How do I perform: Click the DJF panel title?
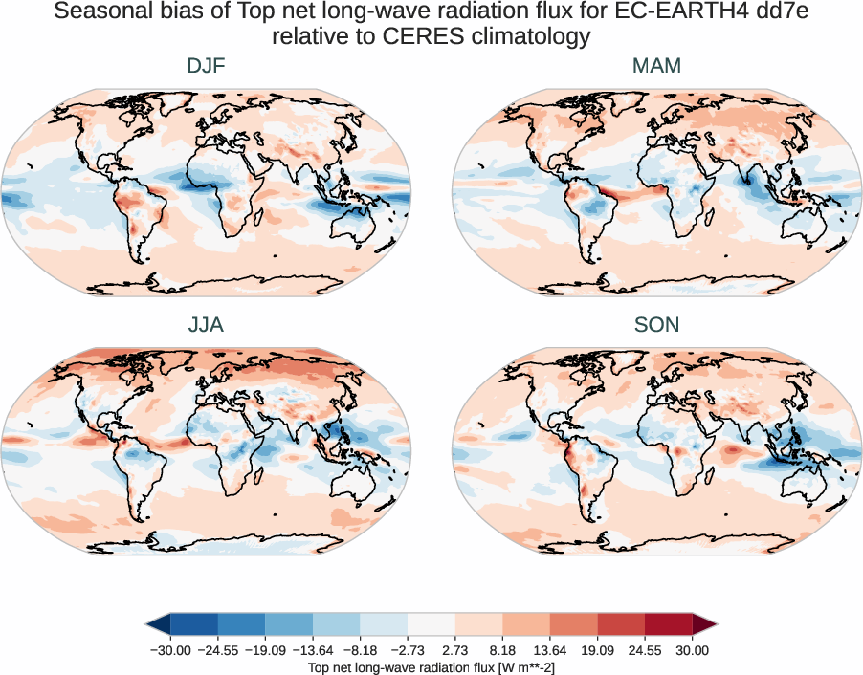tap(206, 66)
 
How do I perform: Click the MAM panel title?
tap(656, 66)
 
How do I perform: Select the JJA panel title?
tap(206, 325)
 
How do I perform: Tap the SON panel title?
tap(656, 325)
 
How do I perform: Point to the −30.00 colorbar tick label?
tap(169, 650)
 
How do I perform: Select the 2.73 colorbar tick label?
tap(454, 650)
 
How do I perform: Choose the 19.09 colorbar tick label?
tap(597, 650)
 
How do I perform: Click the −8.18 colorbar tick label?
tap(360, 650)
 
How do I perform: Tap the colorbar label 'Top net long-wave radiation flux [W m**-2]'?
tap(431, 666)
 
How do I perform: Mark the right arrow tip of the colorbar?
tap(715, 624)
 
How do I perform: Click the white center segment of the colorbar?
tap(431, 624)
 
